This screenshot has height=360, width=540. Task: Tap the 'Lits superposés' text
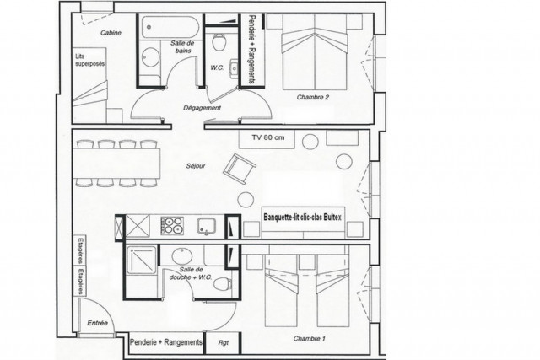[x=87, y=62]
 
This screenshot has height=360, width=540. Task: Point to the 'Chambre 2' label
[x=312, y=98]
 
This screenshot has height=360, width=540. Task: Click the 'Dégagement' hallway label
[x=202, y=109]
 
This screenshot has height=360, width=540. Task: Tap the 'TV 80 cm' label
[x=268, y=137]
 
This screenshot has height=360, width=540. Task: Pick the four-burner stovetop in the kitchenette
[x=172, y=225]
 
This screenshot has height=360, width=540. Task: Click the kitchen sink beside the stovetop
[x=208, y=225]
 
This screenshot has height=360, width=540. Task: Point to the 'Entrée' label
[x=99, y=323]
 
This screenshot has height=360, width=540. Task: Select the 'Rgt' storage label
[x=223, y=342]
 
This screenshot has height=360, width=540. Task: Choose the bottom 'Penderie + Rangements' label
[x=166, y=342]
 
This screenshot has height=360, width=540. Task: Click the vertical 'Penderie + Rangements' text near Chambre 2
[x=251, y=49]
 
